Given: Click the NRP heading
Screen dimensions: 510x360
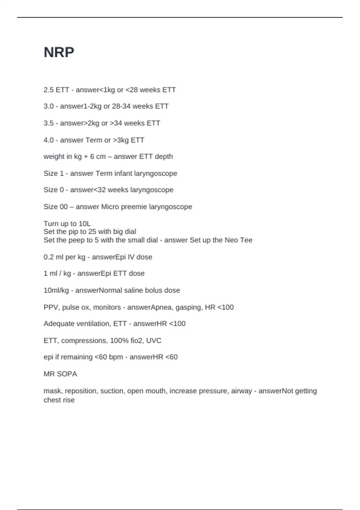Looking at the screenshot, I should click(59, 52).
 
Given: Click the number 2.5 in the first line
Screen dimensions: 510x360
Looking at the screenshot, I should click(49, 90).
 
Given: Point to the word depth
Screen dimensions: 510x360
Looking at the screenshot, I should click(164, 157).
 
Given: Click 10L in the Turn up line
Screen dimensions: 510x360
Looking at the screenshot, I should click(85, 224).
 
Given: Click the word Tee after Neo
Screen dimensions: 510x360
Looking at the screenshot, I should click(246, 240).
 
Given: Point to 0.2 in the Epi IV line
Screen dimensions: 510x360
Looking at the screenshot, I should click(49, 257).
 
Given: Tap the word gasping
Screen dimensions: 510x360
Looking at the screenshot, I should click(188, 307).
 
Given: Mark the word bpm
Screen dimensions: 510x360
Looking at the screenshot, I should click(116, 357).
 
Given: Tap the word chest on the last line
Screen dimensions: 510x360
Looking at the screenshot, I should click(51, 400).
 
